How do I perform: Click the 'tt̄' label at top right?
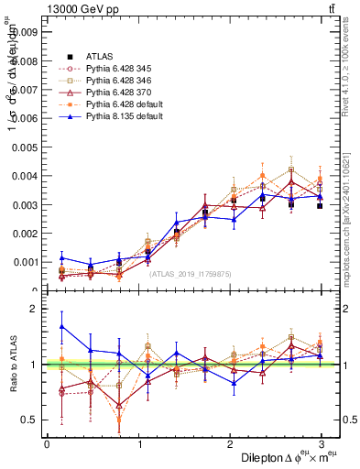(330, 10)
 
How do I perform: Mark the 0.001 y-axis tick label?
(27, 262)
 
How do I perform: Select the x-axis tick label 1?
(139, 445)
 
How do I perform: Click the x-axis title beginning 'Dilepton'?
(285, 457)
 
